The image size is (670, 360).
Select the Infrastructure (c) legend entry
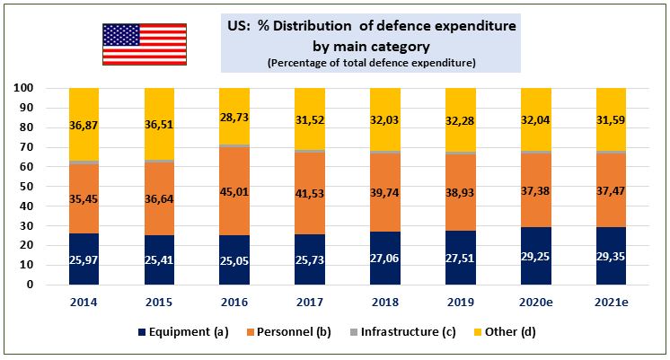[x=402, y=332]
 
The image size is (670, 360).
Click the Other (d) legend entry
[x=504, y=332]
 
